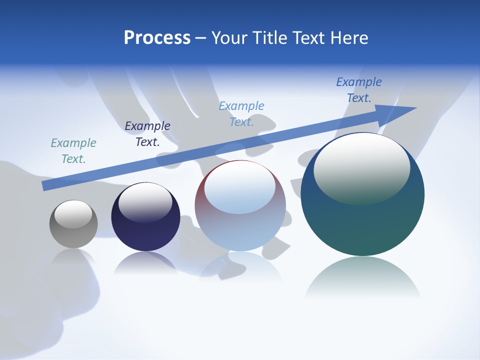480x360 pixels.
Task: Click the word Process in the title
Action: point(157,38)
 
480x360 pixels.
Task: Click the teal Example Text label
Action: point(73,151)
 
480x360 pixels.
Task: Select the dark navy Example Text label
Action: point(147,134)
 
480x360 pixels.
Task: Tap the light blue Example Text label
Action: point(241,113)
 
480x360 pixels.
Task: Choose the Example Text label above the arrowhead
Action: point(359,90)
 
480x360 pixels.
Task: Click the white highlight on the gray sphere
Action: point(73,214)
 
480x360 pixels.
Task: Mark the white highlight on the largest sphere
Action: point(361,167)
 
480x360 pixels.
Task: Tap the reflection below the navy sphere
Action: point(145,263)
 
